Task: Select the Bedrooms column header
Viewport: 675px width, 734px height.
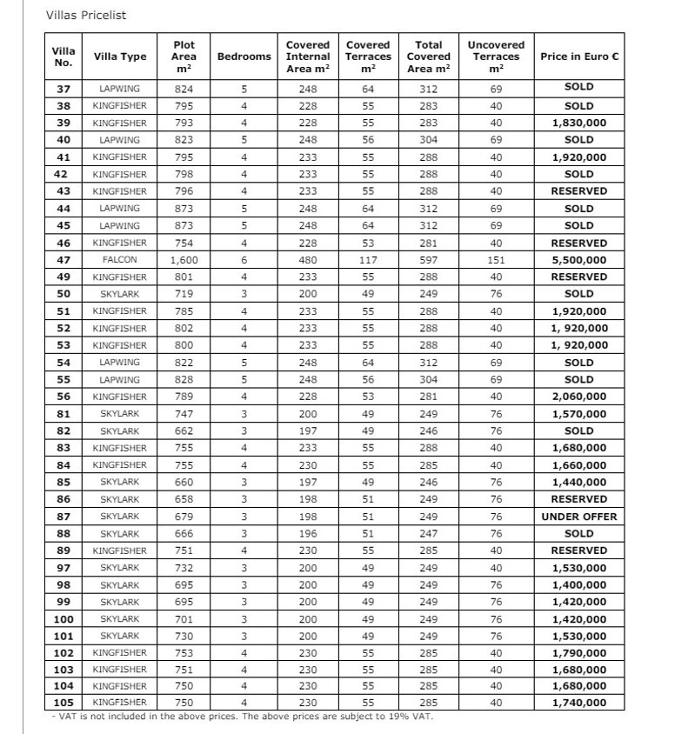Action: tap(244, 57)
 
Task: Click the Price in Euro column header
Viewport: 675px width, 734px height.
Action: tap(579, 57)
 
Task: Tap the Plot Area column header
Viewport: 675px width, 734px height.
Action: tap(184, 57)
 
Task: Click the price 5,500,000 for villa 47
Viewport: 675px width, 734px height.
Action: tap(579, 259)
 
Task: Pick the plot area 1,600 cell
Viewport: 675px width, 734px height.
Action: tap(184, 259)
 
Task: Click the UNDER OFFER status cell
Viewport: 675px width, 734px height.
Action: tap(579, 517)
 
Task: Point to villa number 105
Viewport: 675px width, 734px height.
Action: tap(63, 704)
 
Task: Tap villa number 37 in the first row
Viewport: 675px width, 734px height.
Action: tap(63, 89)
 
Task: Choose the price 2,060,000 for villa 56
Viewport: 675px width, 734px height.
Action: tap(579, 397)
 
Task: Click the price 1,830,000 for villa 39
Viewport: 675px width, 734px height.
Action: tap(579, 123)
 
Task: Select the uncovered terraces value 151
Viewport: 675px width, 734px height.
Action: tap(496, 259)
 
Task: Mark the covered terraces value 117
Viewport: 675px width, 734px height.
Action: tap(368, 259)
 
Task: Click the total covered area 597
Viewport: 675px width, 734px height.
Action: tap(429, 259)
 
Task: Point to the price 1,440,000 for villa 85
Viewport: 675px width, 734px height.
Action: tap(579, 482)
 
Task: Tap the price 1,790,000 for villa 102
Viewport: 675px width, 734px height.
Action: tap(579, 653)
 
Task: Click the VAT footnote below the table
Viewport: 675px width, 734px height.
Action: tap(242, 717)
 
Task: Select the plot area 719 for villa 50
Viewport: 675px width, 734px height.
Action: tap(184, 294)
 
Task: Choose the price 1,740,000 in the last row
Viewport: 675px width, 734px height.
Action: tap(579, 704)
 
